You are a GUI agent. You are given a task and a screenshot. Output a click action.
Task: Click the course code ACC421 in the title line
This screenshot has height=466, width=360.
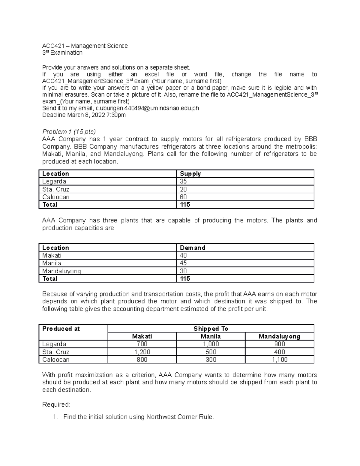click(x=51, y=46)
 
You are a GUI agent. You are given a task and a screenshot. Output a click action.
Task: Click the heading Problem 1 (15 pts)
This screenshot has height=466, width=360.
click(x=69, y=132)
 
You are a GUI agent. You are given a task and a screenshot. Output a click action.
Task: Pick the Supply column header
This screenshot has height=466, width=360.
click(x=190, y=174)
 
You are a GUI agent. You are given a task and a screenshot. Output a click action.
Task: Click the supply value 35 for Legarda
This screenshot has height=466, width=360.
click(x=183, y=181)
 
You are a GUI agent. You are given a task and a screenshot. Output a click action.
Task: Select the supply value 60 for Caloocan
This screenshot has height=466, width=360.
click(x=183, y=197)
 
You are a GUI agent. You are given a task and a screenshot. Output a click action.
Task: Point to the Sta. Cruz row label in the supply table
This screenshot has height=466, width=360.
click(x=56, y=189)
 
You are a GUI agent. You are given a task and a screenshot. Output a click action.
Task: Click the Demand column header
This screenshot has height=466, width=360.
click(x=192, y=248)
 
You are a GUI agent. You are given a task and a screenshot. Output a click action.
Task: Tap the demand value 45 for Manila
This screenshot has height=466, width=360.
click(x=183, y=263)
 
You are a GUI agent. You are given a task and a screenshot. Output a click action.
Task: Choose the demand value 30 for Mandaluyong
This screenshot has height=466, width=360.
click(x=183, y=271)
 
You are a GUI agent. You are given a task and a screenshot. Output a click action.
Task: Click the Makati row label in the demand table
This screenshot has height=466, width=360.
click(x=52, y=255)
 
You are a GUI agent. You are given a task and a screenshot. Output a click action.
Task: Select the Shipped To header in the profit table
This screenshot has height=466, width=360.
click(x=211, y=329)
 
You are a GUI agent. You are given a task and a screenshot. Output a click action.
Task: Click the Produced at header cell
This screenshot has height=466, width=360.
click(x=61, y=329)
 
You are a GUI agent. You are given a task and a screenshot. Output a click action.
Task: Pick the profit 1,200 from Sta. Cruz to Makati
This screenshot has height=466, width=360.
click(x=142, y=352)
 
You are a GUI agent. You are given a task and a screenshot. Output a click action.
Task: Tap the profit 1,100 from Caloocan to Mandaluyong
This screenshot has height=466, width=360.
click(x=279, y=359)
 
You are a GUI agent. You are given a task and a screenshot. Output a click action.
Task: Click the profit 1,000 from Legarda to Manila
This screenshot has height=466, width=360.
click(x=211, y=344)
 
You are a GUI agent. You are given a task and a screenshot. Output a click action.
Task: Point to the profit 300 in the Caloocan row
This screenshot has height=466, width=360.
click(x=211, y=359)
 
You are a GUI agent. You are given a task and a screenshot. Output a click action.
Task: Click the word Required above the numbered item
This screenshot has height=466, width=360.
click(x=56, y=405)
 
